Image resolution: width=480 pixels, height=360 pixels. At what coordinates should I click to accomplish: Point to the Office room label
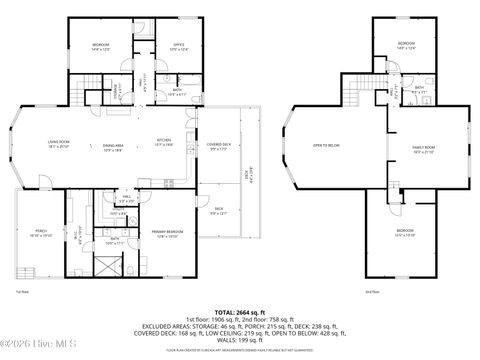click(x=179, y=45)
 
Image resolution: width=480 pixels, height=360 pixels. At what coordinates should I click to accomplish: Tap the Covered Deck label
click(x=217, y=145)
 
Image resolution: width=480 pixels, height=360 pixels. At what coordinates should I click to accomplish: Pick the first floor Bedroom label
click(x=101, y=45)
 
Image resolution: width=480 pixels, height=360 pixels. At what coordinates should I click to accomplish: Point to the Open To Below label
click(x=325, y=146)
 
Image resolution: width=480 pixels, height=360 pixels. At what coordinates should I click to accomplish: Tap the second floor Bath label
click(x=420, y=88)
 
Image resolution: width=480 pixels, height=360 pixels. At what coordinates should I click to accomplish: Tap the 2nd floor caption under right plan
click(x=372, y=291)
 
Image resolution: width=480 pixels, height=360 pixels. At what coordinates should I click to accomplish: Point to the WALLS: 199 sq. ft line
click(x=239, y=339)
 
